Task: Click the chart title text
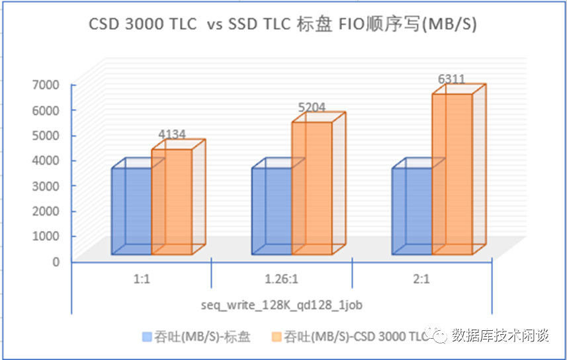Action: tap(283, 24)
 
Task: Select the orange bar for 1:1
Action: tap(172, 202)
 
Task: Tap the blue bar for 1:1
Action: tap(132, 210)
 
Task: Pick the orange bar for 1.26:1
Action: tap(312, 188)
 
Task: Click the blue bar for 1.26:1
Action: tap(271, 210)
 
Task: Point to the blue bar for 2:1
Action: tap(412, 210)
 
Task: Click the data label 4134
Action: tap(172, 134)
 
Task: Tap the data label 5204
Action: tap(312, 107)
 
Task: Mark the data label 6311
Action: tap(451, 79)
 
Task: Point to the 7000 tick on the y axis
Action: tap(47, 85)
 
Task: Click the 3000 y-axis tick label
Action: tap(47, 186)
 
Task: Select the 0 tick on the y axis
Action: tap(56, 261)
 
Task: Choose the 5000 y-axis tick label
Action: tap(47, 136)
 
